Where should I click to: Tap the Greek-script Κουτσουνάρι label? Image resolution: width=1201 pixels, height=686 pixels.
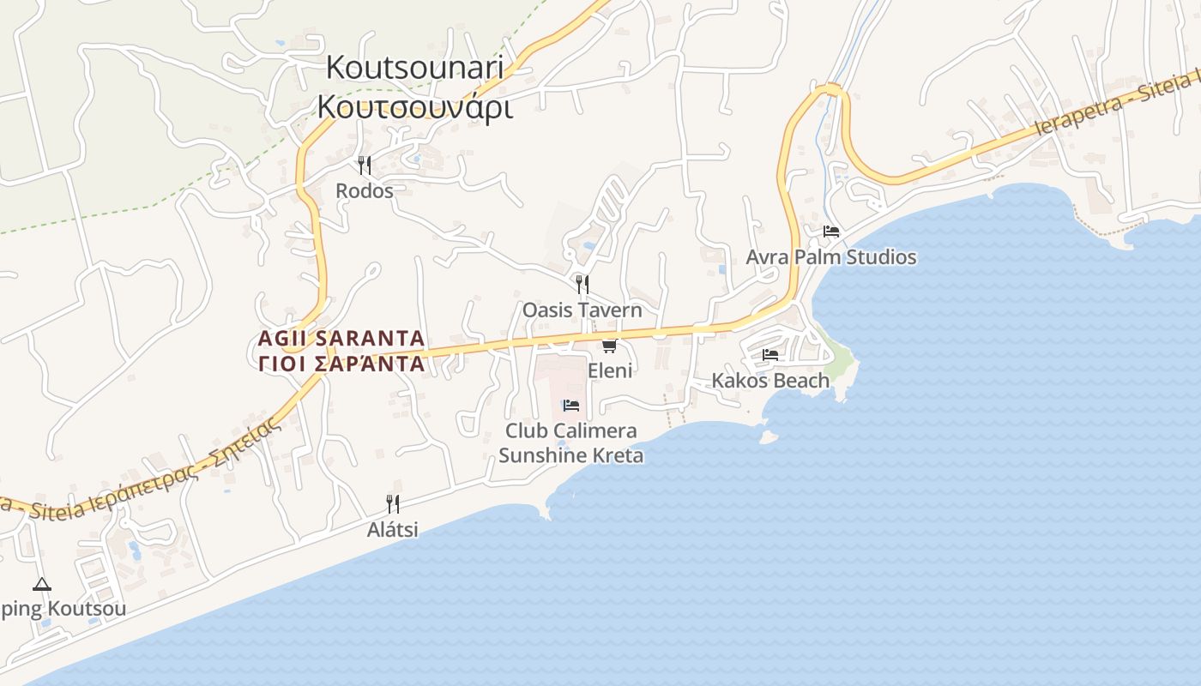[415, 107]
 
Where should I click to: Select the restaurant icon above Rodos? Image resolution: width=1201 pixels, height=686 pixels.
[365, 165]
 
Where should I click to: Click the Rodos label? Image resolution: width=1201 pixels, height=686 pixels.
[365, 190]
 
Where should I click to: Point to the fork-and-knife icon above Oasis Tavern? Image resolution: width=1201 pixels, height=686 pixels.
[582, 284]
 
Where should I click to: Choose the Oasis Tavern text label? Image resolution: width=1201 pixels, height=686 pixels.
[582, 310]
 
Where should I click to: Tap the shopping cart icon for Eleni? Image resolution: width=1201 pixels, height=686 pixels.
[609, 346]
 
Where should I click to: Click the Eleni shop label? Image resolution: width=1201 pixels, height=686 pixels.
[610, 370]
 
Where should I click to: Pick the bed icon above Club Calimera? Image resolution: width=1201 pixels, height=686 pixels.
[571, 405]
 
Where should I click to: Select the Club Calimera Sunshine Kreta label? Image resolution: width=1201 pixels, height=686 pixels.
[571, 442]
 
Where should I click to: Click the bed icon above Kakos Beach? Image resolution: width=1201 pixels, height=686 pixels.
[770, 354]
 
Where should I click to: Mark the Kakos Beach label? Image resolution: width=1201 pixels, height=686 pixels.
[770, 380]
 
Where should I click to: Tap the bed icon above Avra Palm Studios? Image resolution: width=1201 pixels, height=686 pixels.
[830, 232]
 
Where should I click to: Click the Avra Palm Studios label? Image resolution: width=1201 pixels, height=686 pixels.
[830, 257]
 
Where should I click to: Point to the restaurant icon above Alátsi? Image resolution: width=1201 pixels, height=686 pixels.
[393, 503]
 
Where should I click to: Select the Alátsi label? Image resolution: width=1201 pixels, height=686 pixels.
[393, 530]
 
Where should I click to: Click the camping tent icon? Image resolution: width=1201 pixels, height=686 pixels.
[41, 585]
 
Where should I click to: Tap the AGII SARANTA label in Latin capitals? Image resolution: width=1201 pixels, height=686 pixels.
[341, 338]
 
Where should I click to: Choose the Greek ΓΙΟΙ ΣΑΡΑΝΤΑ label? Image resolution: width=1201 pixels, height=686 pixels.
[341, 364]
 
